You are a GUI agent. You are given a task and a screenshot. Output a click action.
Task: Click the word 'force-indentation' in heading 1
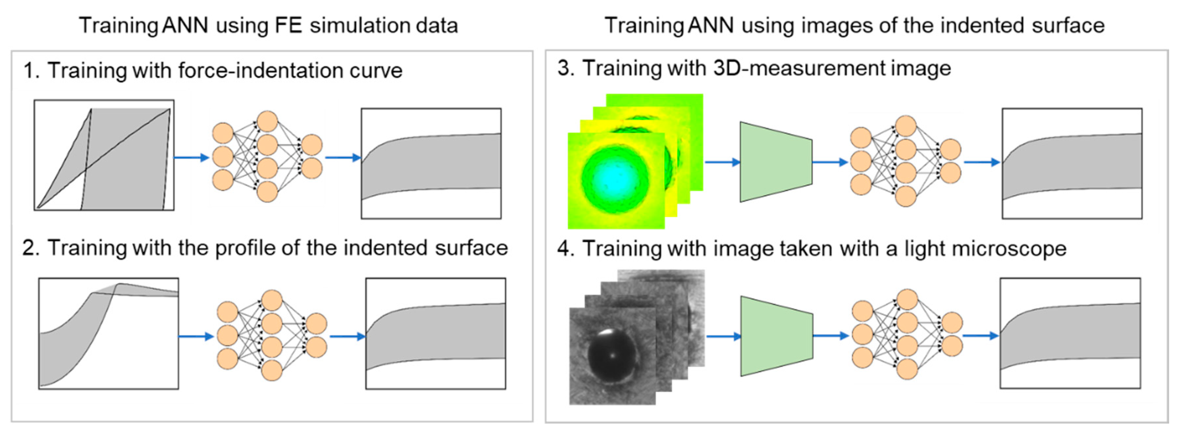(x=260, y=71)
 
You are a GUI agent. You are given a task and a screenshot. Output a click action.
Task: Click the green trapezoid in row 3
(x=776, y=162)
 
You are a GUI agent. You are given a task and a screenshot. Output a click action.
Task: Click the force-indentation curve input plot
(x=104, y=155)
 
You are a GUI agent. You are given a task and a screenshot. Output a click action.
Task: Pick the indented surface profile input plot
(x=109, y=333)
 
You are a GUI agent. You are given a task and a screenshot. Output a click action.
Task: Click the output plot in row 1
(x=431, y=163)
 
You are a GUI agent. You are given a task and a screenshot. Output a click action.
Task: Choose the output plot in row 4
(x=1070, y=333)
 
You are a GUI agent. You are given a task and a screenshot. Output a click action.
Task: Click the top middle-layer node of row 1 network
(x=267, y=121)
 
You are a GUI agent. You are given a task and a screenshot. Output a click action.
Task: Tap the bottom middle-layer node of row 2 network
(x=272, y=370)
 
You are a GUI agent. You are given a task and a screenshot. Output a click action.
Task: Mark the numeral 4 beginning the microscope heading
(x=563, y=249)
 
